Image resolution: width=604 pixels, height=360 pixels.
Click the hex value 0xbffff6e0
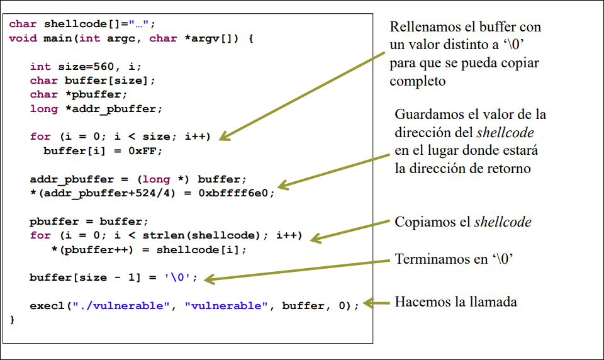237,193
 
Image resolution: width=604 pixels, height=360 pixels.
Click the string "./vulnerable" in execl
124,306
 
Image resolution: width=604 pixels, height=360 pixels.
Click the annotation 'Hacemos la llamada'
456,302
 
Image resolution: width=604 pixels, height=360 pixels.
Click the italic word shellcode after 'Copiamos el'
503,222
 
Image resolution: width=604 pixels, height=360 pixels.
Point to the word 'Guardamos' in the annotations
427,115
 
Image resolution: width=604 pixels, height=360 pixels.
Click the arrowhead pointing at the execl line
368,303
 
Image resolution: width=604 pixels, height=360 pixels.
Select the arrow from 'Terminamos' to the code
296,269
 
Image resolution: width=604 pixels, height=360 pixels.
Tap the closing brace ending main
12,320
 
